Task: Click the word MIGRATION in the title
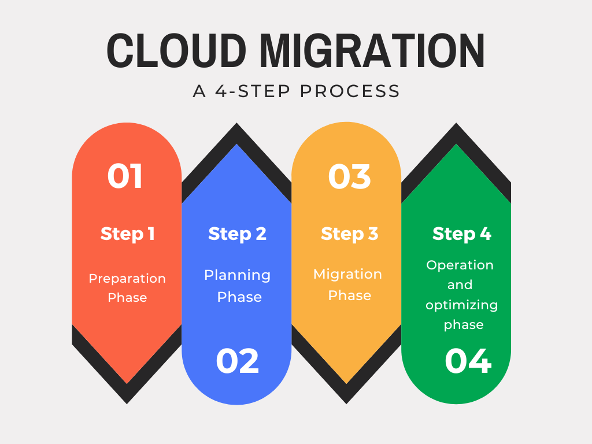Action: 372,52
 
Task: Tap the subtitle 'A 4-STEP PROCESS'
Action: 296,91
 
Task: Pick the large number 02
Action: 237,361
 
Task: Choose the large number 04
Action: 468,361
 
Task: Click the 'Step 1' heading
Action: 127,234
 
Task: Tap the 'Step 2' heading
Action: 237,234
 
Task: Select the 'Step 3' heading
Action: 349,234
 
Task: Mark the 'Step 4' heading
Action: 461,234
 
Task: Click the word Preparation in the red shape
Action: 127,278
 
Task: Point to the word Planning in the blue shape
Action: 237,275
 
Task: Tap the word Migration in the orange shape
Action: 347,273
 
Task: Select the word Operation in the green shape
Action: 460,265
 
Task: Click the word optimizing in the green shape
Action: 461,305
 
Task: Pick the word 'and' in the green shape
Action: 460,284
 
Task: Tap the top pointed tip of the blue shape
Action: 236,145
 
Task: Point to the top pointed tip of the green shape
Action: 456,145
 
